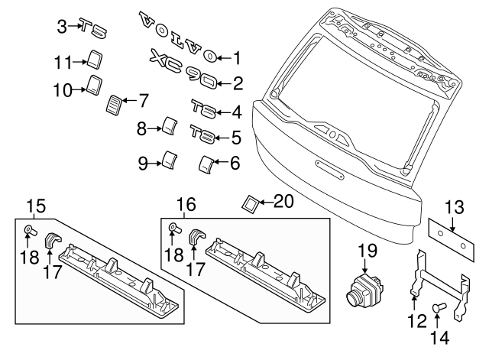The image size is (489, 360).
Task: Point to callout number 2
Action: (237, 83)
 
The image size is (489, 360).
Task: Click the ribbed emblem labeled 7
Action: (115, 103)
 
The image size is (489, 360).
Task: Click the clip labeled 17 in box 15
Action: (54, 240)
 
